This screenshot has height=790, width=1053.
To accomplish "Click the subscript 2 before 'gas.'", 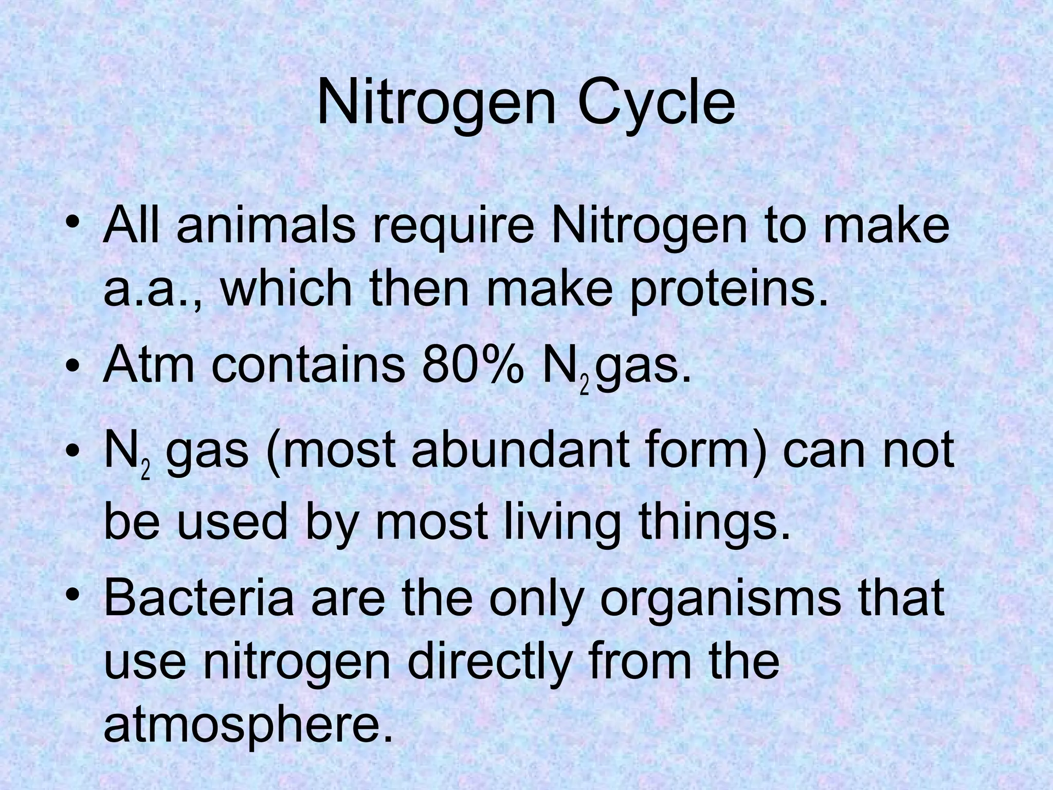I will pos(584,386).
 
